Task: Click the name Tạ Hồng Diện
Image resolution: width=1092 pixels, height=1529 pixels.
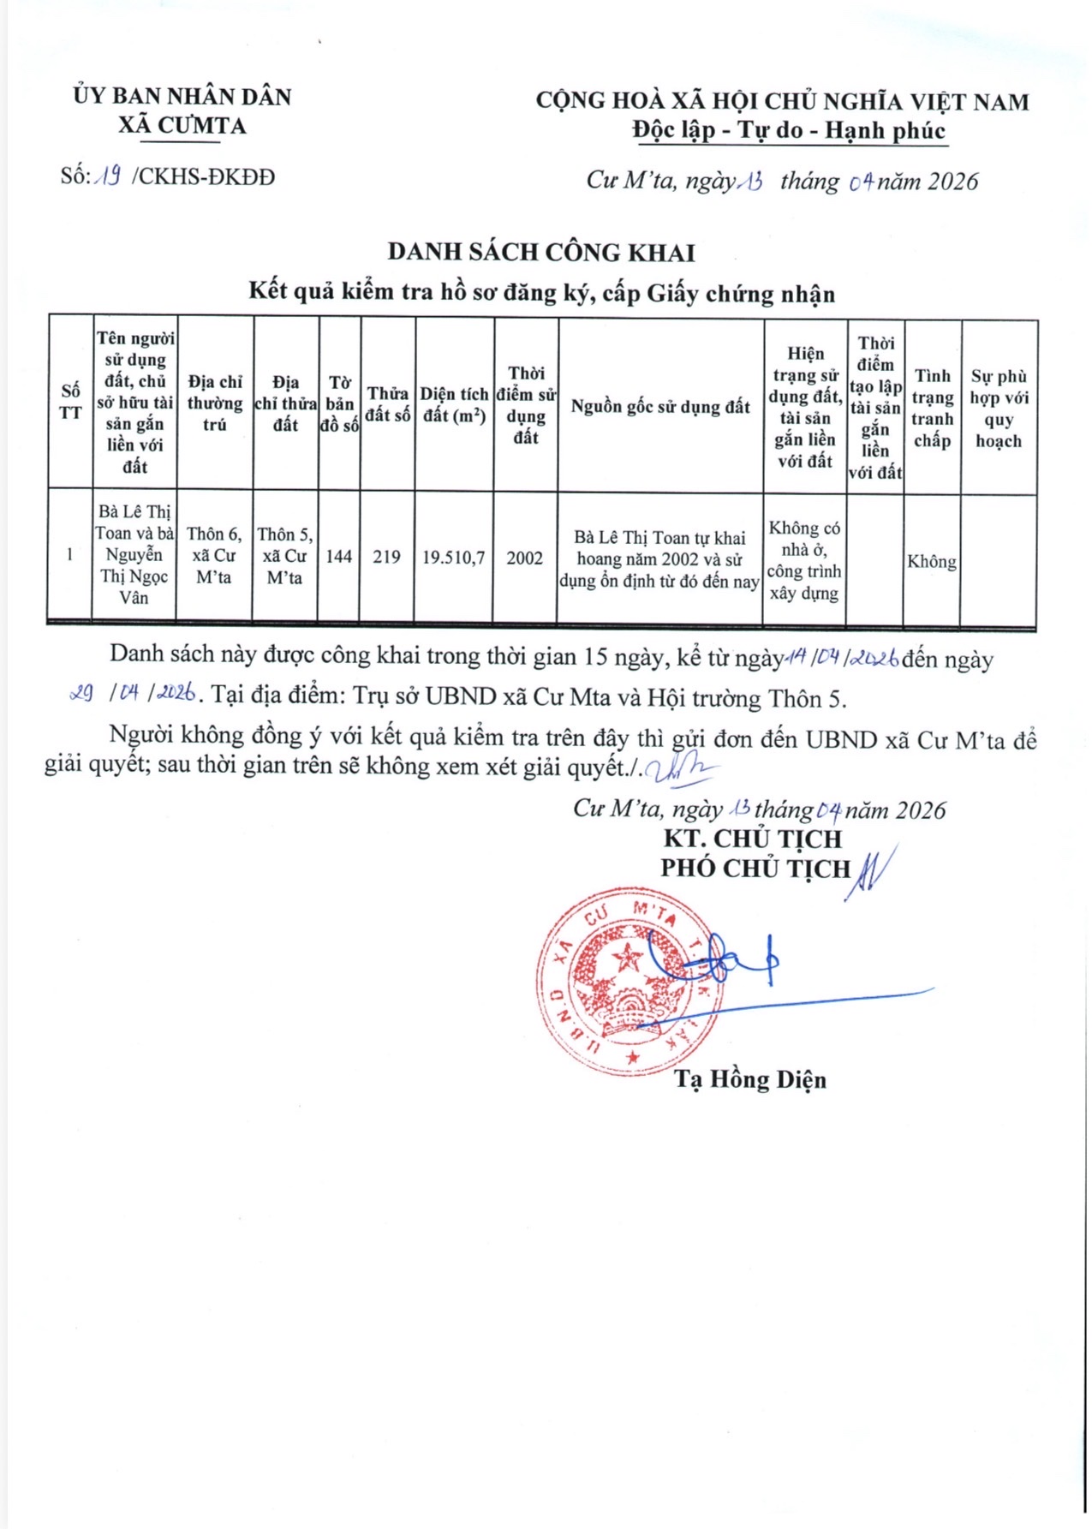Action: point(750,1079)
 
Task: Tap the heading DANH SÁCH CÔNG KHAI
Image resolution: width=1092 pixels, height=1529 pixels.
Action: point(541,252)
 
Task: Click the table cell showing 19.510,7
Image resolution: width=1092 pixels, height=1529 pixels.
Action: point(454,558)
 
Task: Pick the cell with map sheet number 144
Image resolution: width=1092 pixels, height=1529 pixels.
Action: point(339,557)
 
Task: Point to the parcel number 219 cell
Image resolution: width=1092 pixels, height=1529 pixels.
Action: point(387,557)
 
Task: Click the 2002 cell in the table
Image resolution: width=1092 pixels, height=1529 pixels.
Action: point(524,558)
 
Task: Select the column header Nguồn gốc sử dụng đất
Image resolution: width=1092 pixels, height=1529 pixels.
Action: point(660,407)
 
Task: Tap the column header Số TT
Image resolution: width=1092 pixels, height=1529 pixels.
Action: point(70,402)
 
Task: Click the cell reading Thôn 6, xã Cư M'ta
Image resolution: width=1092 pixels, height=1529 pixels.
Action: point(214,556)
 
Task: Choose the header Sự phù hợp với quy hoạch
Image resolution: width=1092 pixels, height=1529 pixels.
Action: point(999,409)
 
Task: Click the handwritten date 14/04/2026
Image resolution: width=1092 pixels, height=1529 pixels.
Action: point(841,658)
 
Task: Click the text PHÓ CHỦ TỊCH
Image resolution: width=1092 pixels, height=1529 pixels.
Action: point(755,869)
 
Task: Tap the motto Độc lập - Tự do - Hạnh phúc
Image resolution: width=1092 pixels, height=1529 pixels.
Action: point(789,131)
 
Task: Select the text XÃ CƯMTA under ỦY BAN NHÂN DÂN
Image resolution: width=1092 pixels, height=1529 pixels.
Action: point(182,126)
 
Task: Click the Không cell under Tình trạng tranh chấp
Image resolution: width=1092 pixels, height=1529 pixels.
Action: point(932,562)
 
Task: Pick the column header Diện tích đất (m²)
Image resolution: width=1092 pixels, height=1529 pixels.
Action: point(454,405)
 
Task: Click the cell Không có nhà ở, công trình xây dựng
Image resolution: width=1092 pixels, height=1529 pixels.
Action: point(804,560)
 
